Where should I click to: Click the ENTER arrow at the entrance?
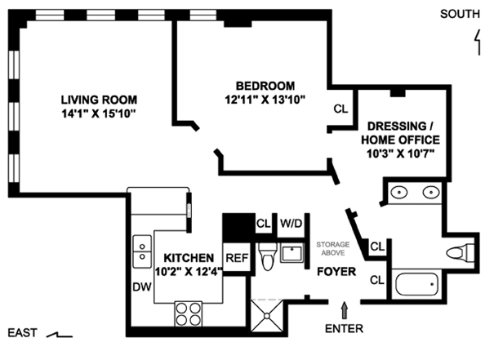345,310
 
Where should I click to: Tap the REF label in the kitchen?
238,258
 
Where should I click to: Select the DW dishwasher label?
142,287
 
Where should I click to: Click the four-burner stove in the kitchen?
189,314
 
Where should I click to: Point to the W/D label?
292,224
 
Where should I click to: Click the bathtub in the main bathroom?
416,284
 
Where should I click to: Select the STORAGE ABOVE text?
333,248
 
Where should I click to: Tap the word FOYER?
336,272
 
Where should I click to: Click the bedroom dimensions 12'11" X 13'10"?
265,100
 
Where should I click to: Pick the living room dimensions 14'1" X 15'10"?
99,113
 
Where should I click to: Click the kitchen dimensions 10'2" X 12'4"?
189,271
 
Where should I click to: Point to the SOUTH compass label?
460,14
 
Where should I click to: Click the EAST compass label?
22,333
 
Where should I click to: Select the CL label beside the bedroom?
340,109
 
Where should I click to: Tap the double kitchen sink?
142,251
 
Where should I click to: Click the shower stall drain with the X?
267,315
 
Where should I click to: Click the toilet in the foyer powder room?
268,256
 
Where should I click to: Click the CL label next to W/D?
264,224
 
